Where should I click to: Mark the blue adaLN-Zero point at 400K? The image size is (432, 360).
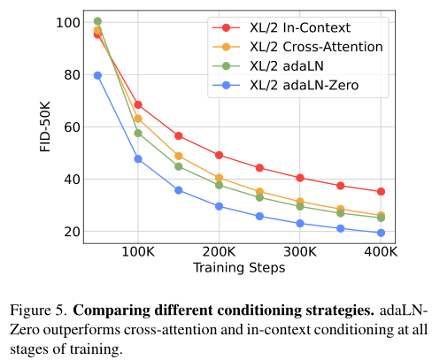pos(381,234)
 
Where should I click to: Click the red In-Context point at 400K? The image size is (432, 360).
pos(381,192)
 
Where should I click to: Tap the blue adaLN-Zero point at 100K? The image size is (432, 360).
pos(138,159)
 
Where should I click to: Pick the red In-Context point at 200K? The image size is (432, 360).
pos(219,156)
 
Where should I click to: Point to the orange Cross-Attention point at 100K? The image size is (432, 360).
pos(138,119)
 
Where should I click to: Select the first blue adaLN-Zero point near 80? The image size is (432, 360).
pos(97,75)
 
